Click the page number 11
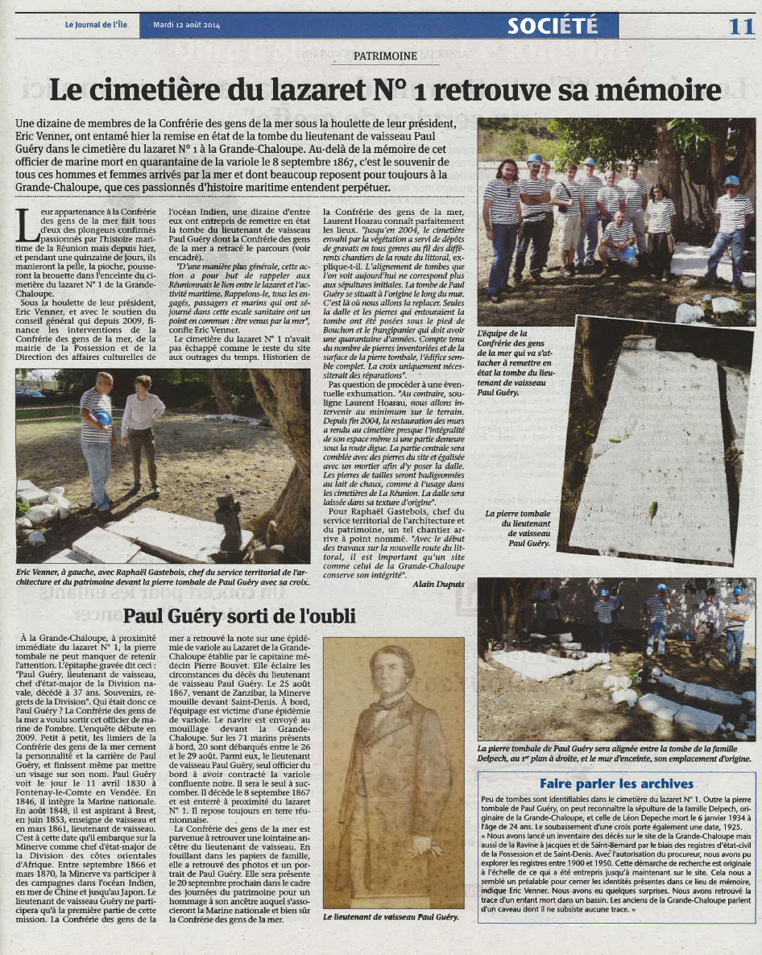click(739, 25)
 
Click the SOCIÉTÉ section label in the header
click(553, 26)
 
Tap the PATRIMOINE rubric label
click(385, 56)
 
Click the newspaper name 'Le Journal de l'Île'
click(97, 25)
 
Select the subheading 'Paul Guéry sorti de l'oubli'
click(239, 616)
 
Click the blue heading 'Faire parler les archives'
click(616, 783)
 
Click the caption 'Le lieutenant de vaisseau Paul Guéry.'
click(391, 917)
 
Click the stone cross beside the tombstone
click(228, 519)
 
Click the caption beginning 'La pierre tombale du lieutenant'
click(518, 528)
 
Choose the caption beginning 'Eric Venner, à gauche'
click(161, 577)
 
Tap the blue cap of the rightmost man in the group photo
click(731, 180)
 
